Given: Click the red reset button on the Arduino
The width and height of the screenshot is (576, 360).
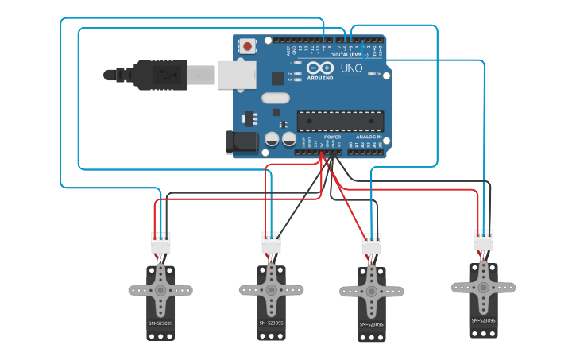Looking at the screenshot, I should (248, 47).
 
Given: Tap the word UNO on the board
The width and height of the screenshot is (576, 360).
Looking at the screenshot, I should (351, 68).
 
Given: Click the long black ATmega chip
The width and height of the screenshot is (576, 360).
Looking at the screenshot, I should (339, 121).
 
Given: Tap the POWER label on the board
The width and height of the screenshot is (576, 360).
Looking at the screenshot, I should (332, 137).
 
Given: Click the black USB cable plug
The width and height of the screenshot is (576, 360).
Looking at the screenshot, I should (159, 75).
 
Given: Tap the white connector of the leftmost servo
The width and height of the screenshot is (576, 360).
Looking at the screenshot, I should (160, 242).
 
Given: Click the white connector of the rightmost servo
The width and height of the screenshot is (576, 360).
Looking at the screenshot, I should (483, 240).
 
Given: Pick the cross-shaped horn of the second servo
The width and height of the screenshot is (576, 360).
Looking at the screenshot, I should (272, 290).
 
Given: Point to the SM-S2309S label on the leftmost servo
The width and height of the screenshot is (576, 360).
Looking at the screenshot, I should (160, 323).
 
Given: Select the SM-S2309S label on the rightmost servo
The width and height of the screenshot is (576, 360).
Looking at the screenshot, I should (483, 321).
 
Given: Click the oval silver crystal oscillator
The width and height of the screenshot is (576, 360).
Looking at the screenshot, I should (275, 99).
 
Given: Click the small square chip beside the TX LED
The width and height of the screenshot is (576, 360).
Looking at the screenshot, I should (277, 78).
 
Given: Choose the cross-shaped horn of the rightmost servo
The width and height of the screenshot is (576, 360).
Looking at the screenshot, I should (483, 288).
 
